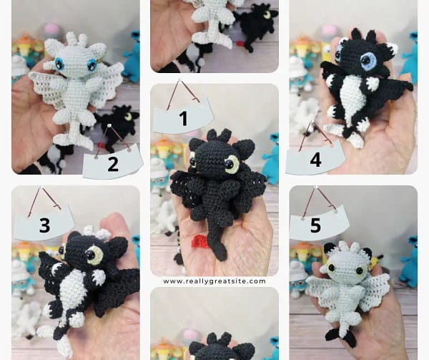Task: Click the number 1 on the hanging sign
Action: tap(184, 119)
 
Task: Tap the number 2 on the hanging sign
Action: tap(113, 165)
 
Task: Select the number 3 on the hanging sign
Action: tap(44, 225)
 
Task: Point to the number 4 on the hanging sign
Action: tap(315, 160)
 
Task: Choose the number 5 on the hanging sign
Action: tap(315, 225)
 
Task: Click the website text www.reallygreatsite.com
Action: tap(214, 281)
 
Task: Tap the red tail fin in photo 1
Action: tap(200, 241)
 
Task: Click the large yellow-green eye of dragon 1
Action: tap(232, 165)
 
